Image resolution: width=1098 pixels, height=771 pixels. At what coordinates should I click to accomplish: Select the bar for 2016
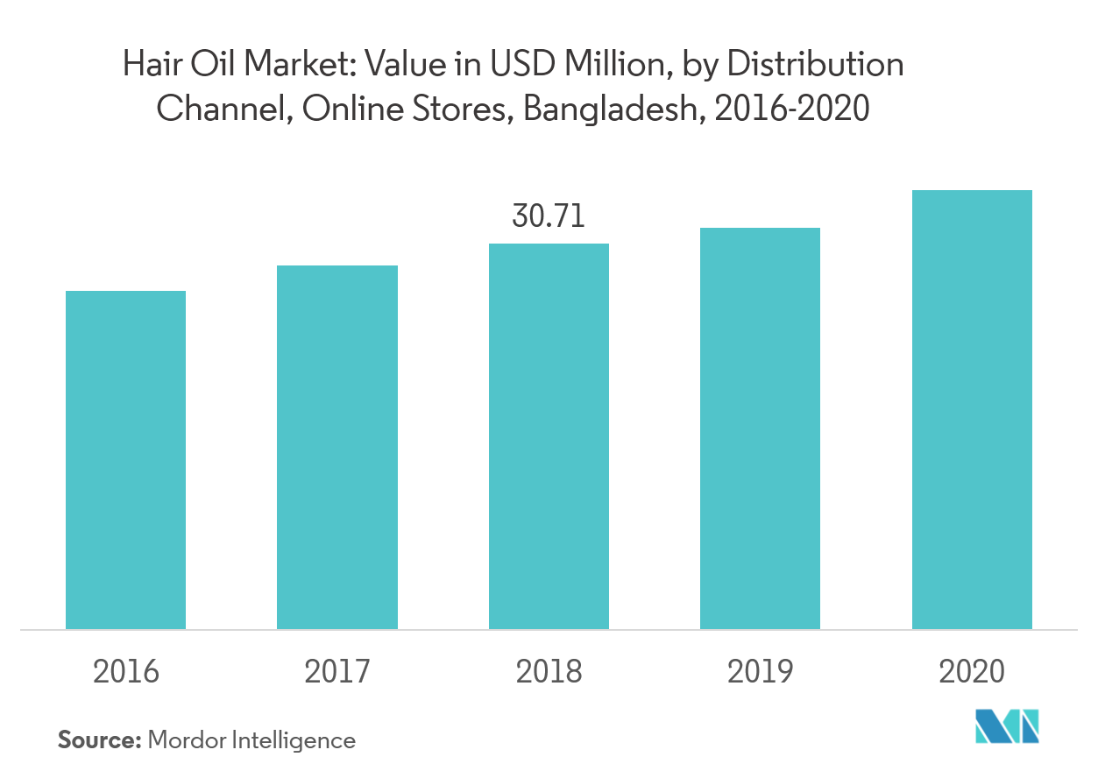(126, 460)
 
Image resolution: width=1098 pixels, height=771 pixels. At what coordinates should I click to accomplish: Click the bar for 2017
(337, 447)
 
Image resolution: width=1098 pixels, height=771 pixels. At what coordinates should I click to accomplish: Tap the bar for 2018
(549, 436)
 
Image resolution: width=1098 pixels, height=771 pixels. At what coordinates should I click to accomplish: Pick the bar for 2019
(760, 428)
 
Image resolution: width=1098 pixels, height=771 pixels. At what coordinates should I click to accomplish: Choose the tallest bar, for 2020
(972, 409)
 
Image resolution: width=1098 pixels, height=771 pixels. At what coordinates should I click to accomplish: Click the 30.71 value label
(549, 216)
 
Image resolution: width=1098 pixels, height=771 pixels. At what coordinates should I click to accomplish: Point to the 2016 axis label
(126, 672)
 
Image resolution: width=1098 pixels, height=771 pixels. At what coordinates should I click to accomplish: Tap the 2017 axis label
(337, 672)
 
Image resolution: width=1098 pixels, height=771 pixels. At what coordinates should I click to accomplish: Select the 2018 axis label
(549, 672)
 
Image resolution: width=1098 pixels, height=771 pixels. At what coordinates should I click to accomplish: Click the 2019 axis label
(760, 672)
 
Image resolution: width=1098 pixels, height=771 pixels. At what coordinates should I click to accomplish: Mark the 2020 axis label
(972, 672)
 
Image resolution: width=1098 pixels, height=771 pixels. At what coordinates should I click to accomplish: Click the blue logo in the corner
(1008, 726)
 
